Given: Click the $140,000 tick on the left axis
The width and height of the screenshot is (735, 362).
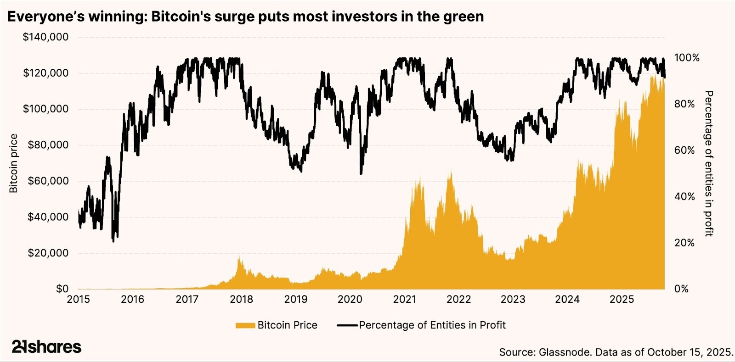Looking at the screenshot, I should click(x=45, y=37).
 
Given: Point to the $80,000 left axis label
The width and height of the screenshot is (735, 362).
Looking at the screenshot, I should click(x=48, y=145).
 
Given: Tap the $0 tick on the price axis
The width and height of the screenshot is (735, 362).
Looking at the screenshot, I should click(x=62, y=289).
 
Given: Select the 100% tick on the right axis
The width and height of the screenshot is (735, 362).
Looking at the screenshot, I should click(x=687, y=58).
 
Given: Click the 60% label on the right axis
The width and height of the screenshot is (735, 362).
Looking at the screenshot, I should click(x=684, y=150).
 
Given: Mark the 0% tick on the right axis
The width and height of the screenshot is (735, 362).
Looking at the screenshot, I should click(x=681, y=289).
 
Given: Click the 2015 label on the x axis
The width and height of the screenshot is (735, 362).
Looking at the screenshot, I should click(x=79, y=300).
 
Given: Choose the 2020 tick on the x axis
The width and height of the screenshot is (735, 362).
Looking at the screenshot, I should click(x=350, y=300).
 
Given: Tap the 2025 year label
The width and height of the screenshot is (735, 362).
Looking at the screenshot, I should click(x=622, y=300).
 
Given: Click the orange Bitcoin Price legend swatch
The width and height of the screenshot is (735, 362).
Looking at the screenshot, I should click(x=245, y=325).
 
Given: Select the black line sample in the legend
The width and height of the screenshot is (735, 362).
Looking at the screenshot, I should click(x=347, y=325).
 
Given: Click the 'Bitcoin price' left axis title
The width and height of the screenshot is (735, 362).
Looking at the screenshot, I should click(x=14, y=163).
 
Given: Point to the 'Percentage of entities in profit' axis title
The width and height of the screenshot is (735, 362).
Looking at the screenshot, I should click(x=709, y=163).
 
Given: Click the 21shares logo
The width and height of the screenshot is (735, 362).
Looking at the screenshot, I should click(x=46, y=347).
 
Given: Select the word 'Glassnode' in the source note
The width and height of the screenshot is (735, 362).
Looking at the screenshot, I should click(x=564, y=352).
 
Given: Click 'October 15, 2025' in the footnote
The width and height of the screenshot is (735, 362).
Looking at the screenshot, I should click(x=690, y=352).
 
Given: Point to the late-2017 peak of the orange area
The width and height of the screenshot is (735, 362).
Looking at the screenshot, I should click(x=239, y=257).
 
